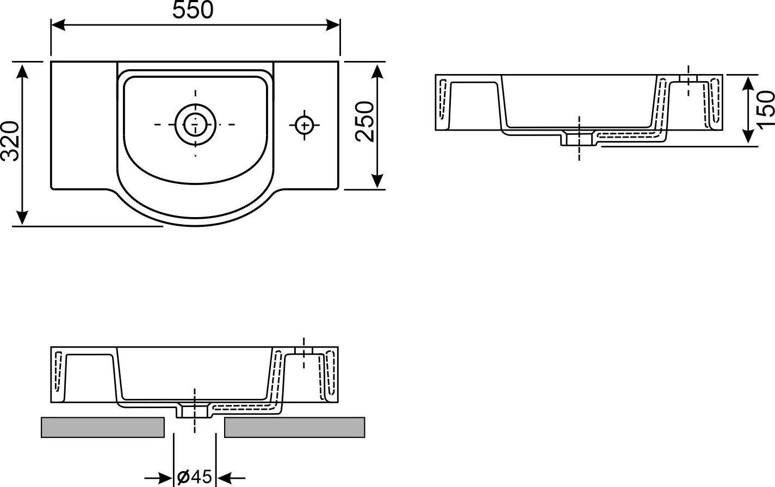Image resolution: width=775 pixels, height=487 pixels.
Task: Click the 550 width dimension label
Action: tap(193, 10)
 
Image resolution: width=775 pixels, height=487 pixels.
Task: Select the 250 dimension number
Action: tap(365, 121)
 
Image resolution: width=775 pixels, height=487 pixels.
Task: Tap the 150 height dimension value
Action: tap(765, 109)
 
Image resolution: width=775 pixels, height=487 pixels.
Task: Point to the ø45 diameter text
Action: tap(194, 477)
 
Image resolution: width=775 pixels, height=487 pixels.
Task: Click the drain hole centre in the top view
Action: tap(195, 124)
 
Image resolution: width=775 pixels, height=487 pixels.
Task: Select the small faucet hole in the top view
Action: tap(305, 125)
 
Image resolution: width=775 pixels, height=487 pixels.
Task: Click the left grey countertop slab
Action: tap(103, 428)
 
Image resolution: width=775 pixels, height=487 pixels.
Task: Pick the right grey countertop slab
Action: tap(295, 428)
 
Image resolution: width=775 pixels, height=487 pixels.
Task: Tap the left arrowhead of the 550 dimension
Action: tap(58, 25)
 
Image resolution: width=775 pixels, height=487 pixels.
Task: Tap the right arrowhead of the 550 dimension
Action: tap(333, 25)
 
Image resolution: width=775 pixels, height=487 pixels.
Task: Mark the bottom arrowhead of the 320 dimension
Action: tap(22, 217)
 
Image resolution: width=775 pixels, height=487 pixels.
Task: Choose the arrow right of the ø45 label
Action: tap(231, 478)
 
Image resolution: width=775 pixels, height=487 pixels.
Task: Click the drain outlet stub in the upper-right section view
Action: tap(578, 138)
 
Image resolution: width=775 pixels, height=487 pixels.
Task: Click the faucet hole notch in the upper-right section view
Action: tap(688, 78)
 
